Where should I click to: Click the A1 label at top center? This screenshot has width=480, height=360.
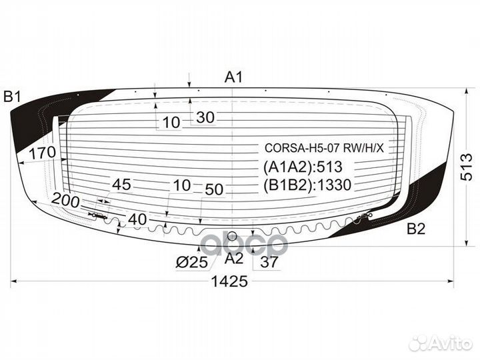tap(233, 77)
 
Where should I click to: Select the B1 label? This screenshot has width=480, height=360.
tap(13, 97)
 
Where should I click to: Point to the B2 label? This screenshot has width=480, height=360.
tap(416, 229)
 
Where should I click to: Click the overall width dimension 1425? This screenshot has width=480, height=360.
tap(231, 281)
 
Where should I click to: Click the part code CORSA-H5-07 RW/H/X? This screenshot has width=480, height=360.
tap(325, 148)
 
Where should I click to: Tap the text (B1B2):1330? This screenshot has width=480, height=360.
tap(307, 185)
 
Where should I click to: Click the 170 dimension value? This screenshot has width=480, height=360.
tap(42, 153)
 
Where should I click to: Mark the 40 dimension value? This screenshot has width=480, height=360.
tap(137, 219)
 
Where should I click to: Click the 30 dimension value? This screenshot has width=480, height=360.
tap(205, 118)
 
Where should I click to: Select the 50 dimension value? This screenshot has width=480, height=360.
tap(214, 189)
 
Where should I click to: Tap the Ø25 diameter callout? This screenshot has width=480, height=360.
tap(192, 263)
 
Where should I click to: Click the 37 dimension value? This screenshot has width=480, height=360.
tap(269, 263)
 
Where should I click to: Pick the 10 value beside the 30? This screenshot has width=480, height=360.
tap(171, 121)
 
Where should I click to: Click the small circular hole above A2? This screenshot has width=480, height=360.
tap(232, 237)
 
